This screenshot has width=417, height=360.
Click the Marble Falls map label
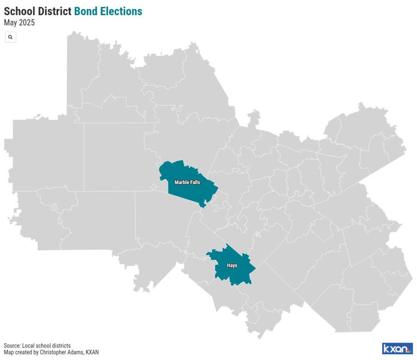click(x=187, y=182)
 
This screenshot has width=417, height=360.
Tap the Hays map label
click(x=232, y=266)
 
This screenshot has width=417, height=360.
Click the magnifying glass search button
click(x=10, y=37)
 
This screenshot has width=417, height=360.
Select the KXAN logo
click(x=397, y=349)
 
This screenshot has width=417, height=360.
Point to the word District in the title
click(x=54, y=11)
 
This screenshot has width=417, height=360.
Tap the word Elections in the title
click(x=121, y=11)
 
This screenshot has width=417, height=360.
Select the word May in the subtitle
click(x=11, y=23)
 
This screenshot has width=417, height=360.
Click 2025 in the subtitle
click(x=27, y=23)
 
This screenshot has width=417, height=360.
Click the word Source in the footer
click(x=12, y=346)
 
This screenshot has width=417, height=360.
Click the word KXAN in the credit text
click(x=92, y=352)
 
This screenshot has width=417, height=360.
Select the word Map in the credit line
click(x=9, y=352)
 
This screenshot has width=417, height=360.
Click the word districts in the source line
click(x=60, y=346)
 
